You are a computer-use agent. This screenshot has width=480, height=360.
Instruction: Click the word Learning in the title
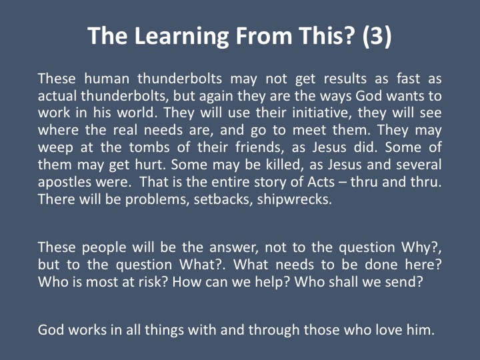[181, 37]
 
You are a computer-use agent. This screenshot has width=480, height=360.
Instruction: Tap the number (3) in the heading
[377, 36]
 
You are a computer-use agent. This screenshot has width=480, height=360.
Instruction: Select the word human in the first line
[107, 79]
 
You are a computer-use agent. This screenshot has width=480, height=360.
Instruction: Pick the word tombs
[149, 147]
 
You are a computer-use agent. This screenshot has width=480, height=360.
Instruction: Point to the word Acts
[321, 182]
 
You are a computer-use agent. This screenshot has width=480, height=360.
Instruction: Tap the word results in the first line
[345, 79]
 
